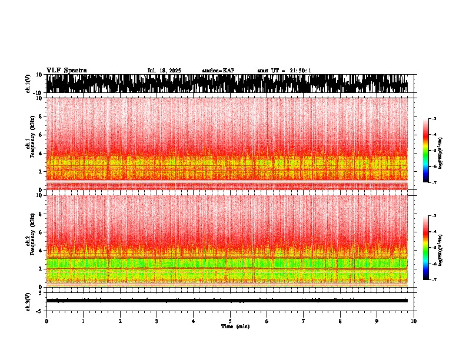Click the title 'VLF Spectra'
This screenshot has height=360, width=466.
coord(66,71)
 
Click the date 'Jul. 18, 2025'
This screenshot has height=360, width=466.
coord(164,71)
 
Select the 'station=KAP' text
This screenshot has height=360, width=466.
coord(218,71)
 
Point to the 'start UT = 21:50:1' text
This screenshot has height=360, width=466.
coord(284,71)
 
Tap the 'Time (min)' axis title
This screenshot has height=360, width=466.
coord(235,326)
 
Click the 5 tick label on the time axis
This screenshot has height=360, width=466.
coord(231,321)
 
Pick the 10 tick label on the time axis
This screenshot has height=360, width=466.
coord(414,321)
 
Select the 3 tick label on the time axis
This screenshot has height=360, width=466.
coord(157,321)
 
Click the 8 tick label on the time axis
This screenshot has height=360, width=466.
coord(341,321)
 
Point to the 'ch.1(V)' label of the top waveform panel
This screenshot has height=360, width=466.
coord(28,84)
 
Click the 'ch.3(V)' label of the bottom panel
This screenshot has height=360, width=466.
coord(28,300)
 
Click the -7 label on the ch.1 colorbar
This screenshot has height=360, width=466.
coord(434,183)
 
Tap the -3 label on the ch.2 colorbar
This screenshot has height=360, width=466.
coord(434,216)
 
